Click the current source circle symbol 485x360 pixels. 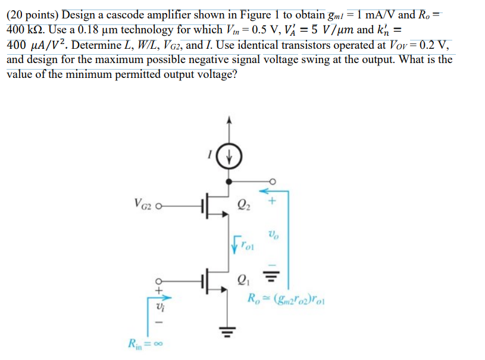[229, 158]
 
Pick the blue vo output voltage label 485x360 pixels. [273, 234]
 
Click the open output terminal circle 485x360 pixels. [273, 182]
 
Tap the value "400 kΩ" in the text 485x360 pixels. [26, 29]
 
